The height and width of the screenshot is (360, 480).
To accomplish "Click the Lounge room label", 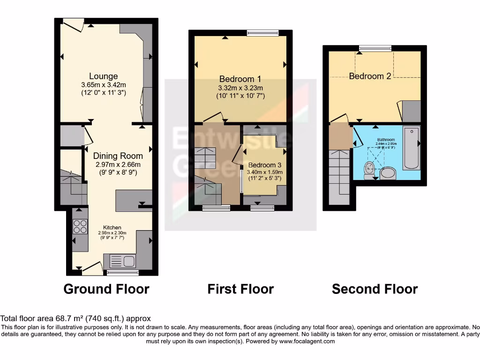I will (x=104, y=76).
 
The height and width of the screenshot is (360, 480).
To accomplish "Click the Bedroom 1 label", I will (x=240, y=79).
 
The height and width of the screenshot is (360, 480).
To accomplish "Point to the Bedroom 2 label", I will (x=370, y=76).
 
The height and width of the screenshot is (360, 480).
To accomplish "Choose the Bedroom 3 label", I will (x=265, y=165).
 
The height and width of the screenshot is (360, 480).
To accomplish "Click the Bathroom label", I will (x=387, y=140).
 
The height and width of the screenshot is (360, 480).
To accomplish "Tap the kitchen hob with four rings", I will (x=80, y=227).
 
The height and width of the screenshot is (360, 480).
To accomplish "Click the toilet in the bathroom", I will (x=369, y=169).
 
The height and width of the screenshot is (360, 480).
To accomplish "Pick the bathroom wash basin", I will (x=388, y=173).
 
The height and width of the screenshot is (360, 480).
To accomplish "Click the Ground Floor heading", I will (x=106, y=289).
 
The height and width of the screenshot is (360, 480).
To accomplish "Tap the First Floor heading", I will (x=240, y=289).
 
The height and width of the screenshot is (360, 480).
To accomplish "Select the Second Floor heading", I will (x=375, y=289).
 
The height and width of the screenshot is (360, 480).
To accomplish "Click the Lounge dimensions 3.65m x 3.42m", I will (x=104, y=85).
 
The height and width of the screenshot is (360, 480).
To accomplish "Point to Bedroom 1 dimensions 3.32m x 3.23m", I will (x=240, y=88).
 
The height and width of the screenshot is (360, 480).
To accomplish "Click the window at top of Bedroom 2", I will (x=375, y=48).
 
